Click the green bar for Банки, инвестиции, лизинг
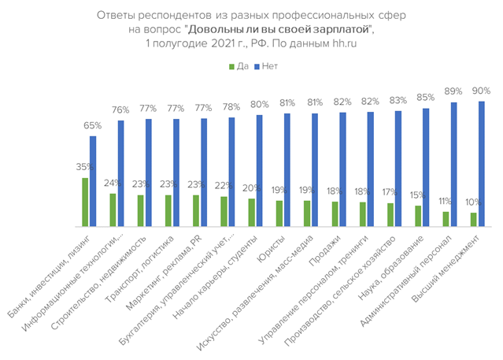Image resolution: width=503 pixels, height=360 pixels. pos(85,202)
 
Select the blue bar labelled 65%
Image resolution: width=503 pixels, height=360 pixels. pos(93,181)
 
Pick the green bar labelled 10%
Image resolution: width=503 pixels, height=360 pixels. pos(473,219)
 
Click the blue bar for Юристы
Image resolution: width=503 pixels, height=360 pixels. pos(287,170)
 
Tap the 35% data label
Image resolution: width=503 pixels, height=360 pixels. pos(85,167)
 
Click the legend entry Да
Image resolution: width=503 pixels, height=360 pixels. pos(237,66)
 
